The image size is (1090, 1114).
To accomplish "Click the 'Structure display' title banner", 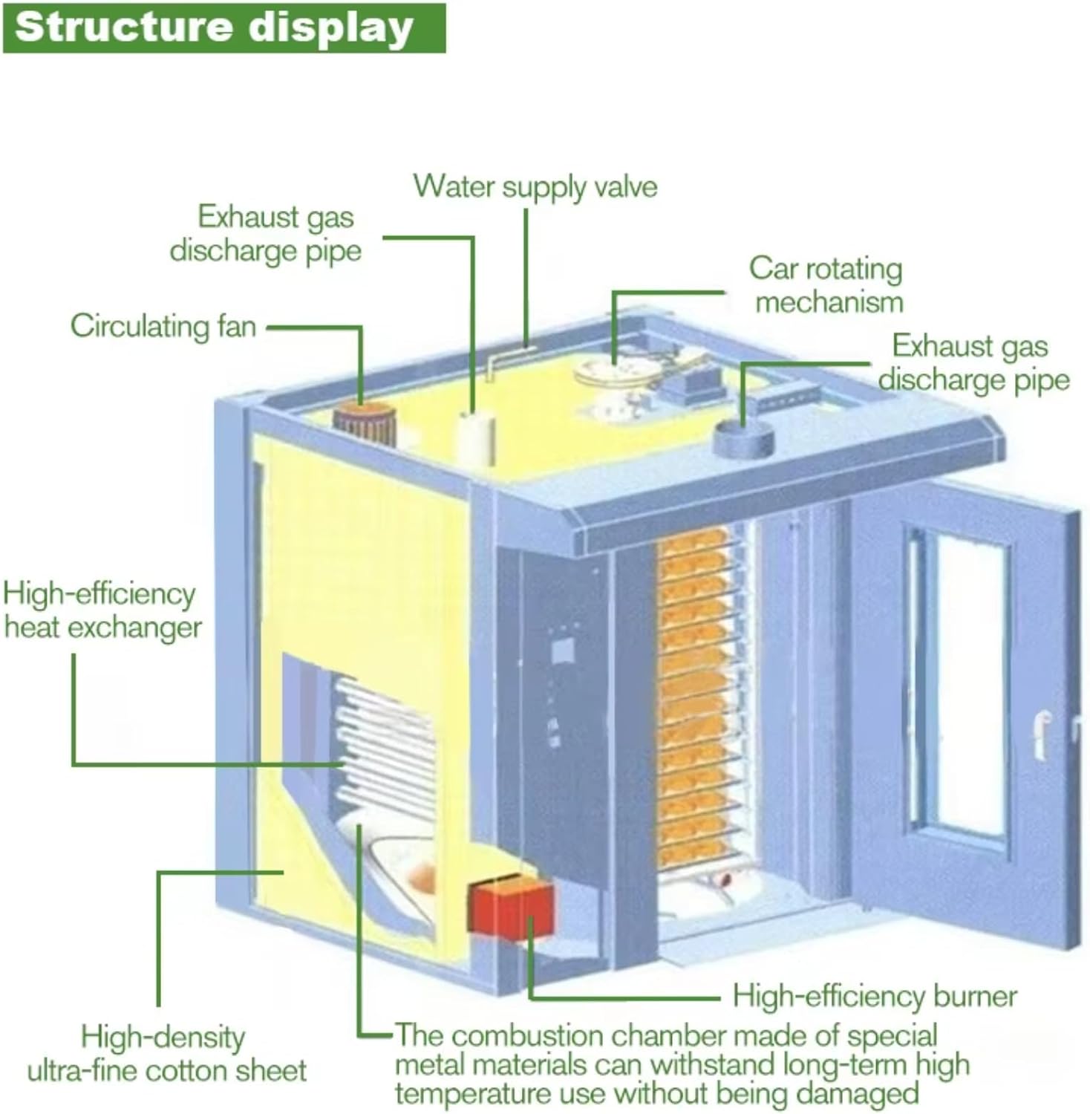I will coord(223,28).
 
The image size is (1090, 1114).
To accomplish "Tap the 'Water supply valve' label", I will coord(535,186).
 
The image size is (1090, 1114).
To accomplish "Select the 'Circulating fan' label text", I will coord(163,327).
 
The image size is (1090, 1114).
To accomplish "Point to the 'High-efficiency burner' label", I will coord(874,997).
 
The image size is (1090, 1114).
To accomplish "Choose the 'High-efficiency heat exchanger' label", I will coord(102,610).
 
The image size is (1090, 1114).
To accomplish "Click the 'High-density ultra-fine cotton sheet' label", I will coord(166,1054).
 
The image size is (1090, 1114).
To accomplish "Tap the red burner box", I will coord(511,906).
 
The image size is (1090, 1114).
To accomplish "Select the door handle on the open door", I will coord(1043,733).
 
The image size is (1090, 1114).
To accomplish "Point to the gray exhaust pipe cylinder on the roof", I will coord(743,439).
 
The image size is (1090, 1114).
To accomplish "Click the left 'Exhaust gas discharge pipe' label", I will coord(266,233).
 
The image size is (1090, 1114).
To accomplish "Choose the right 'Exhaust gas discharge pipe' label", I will coord(973,362).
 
